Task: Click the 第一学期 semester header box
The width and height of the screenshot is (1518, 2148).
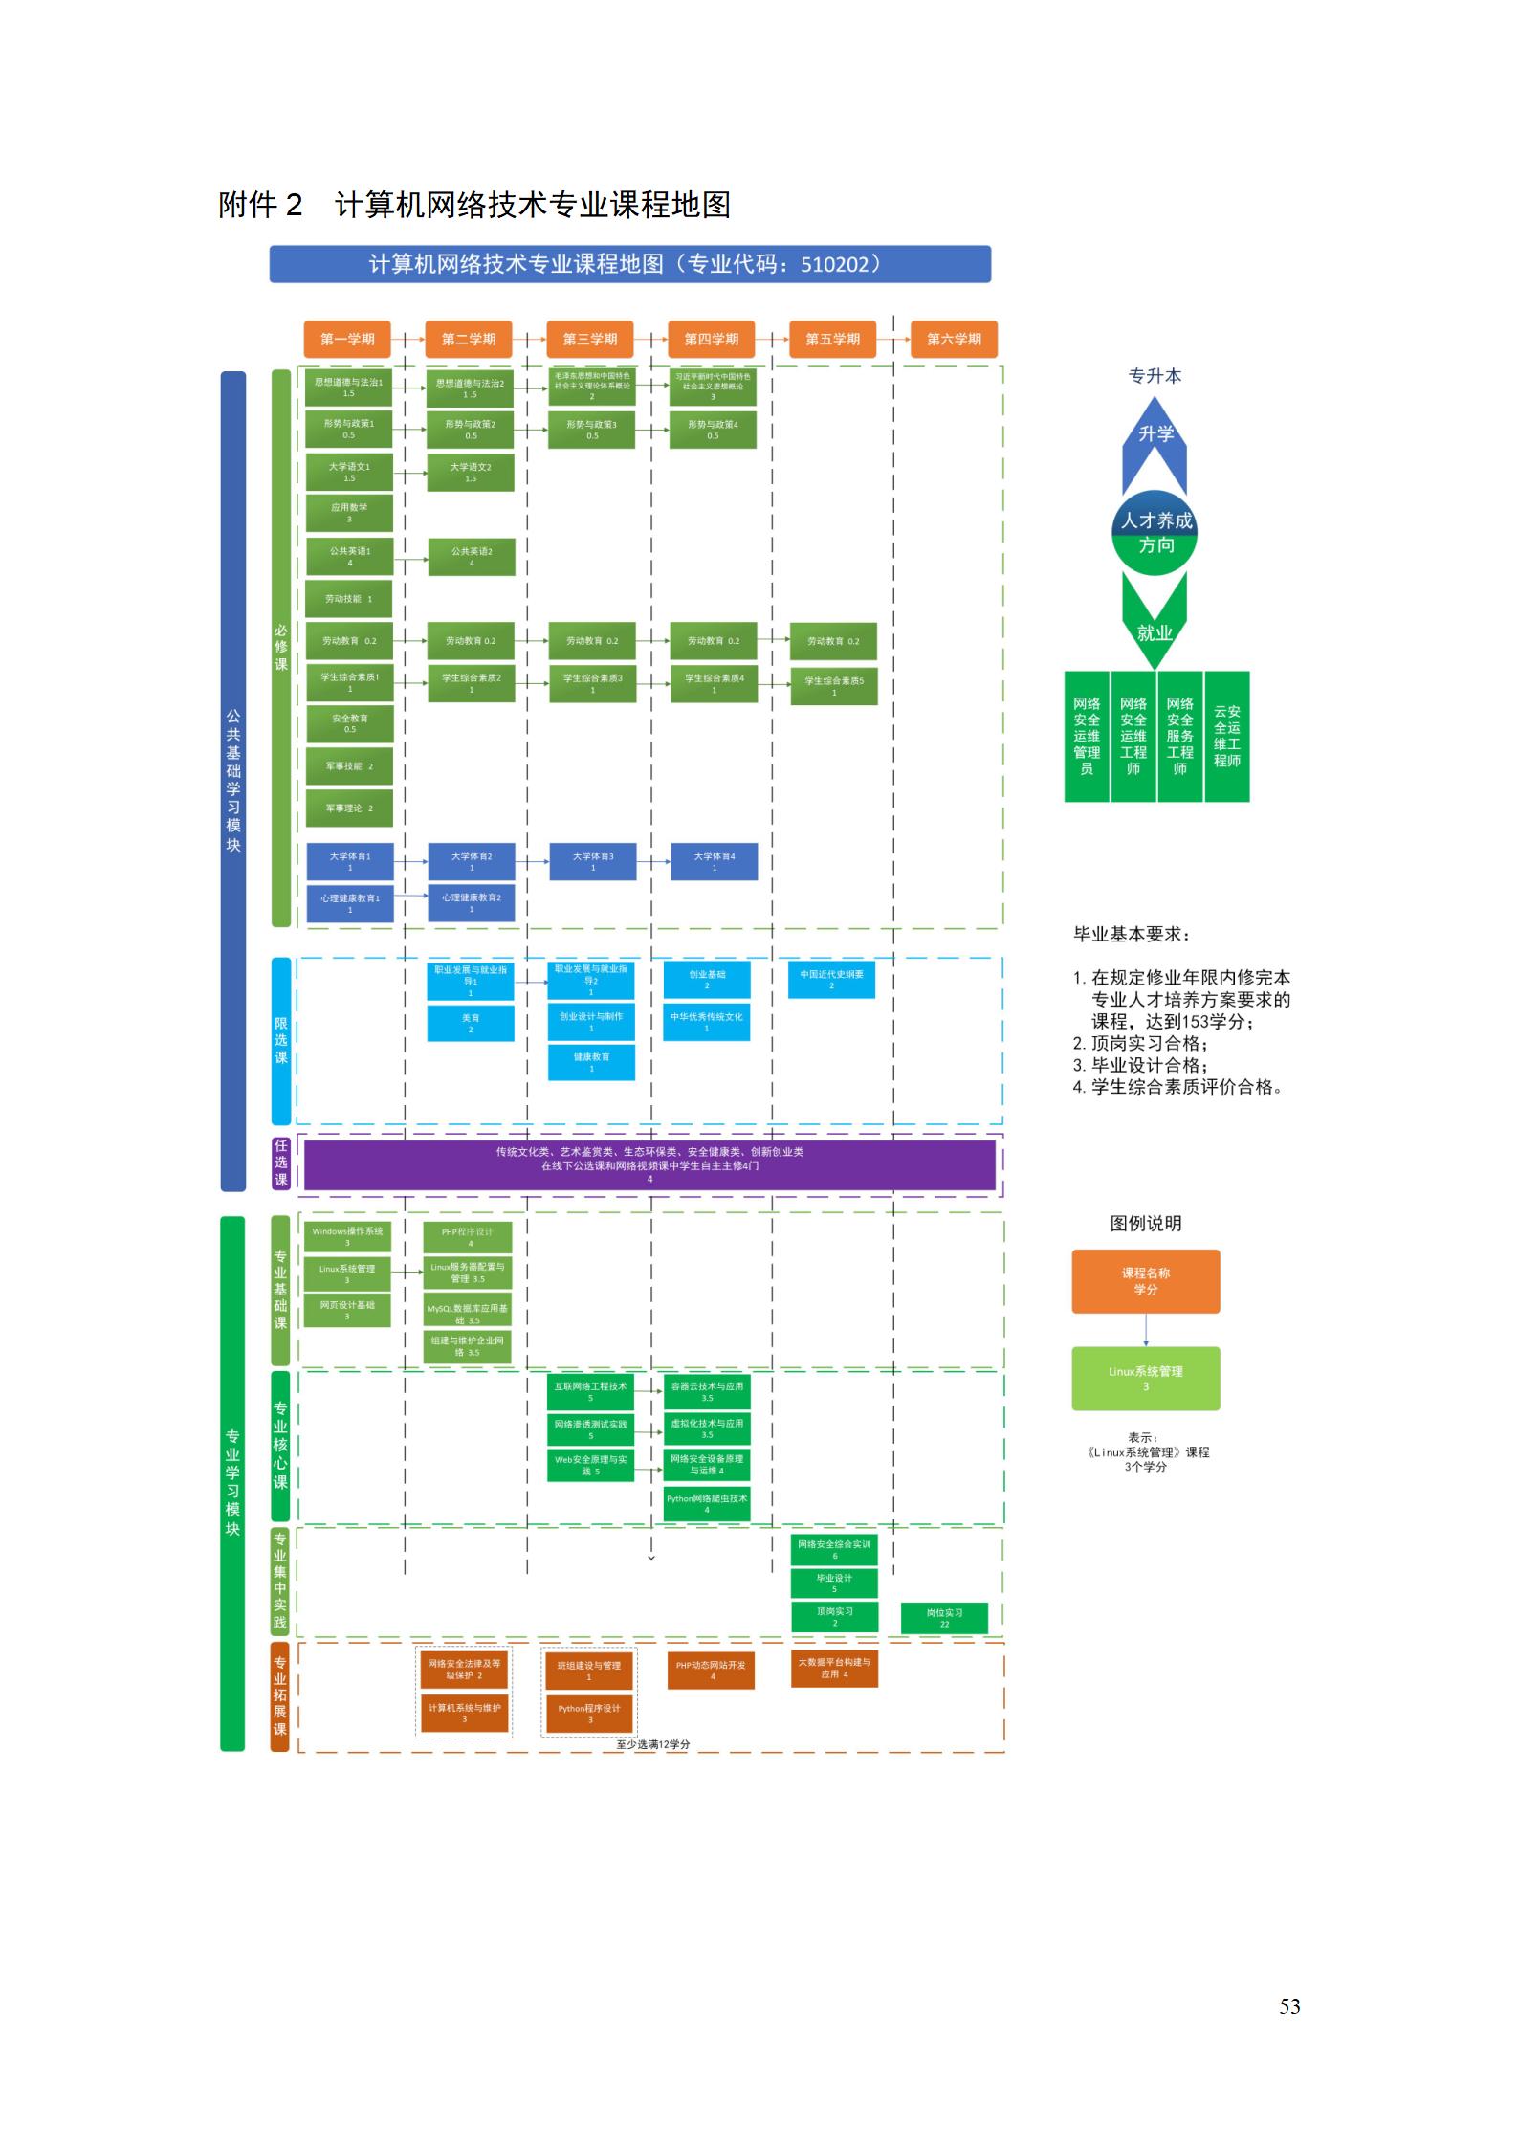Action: [347, 340]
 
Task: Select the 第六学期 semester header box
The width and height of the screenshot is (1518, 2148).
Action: [954, 340]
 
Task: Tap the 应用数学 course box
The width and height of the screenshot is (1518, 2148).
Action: [349, 513]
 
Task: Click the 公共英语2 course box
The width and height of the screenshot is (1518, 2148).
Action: [472, 557]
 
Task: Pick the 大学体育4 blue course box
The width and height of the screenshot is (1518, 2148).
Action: [715, 861]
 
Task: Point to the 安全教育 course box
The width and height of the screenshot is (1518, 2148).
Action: [350, 723]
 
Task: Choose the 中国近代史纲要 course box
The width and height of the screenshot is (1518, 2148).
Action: [831, 980]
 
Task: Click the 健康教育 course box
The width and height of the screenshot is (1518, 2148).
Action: [591, 1062]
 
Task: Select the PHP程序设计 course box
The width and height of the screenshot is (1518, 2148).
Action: [468, 1237]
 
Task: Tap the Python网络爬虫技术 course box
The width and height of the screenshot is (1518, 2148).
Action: [707, 1503]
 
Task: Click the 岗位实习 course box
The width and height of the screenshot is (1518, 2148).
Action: [944, 1617]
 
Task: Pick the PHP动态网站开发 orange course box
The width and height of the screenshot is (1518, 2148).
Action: [712, 1670]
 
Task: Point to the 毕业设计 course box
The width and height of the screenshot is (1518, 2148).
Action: [834, 1583]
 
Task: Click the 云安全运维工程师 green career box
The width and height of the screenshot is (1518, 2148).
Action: [1226, 736]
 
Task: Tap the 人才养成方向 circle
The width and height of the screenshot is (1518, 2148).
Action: [1155, 533]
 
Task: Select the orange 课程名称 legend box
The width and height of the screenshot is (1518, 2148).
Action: [1145, 1281]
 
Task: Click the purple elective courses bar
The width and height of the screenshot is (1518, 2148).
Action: [649, 1164]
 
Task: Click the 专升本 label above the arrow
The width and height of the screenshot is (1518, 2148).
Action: [1155, 376]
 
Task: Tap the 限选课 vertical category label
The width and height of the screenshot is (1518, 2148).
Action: [281, 1040]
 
